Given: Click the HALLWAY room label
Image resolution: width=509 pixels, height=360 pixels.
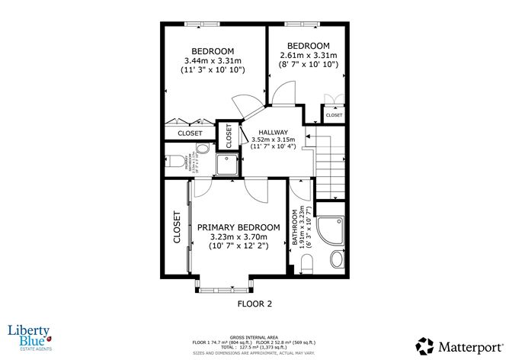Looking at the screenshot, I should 272,132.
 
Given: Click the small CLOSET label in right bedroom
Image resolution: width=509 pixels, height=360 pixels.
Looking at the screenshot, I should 334,115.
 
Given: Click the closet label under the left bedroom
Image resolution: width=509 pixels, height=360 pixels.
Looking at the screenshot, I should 190,133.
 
